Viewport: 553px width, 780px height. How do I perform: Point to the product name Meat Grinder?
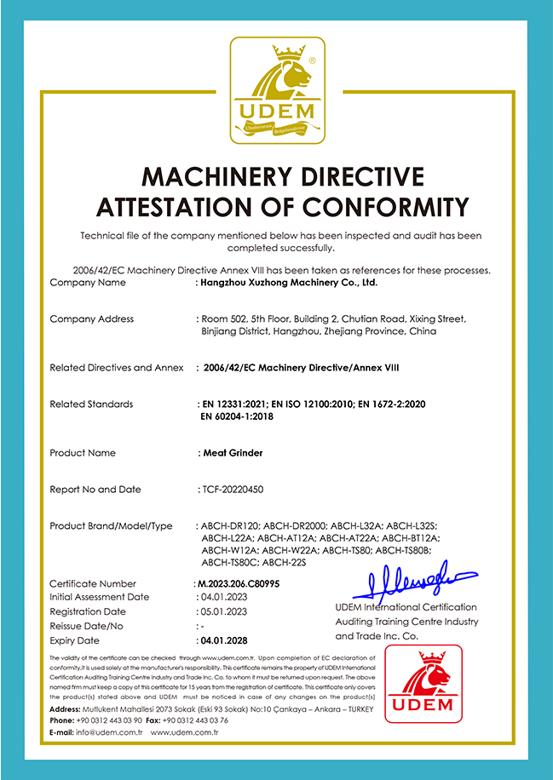pos(233,453)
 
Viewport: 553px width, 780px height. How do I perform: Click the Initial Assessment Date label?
pos(99,597)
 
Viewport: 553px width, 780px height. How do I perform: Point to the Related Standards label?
pos(91,404)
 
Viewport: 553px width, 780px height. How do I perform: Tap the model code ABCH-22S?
pos(285,562)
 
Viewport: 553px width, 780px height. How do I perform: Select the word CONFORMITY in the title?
pos(383,207)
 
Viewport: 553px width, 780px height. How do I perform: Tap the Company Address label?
pos(91,318)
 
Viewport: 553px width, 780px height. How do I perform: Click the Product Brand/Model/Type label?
pos(111,526)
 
